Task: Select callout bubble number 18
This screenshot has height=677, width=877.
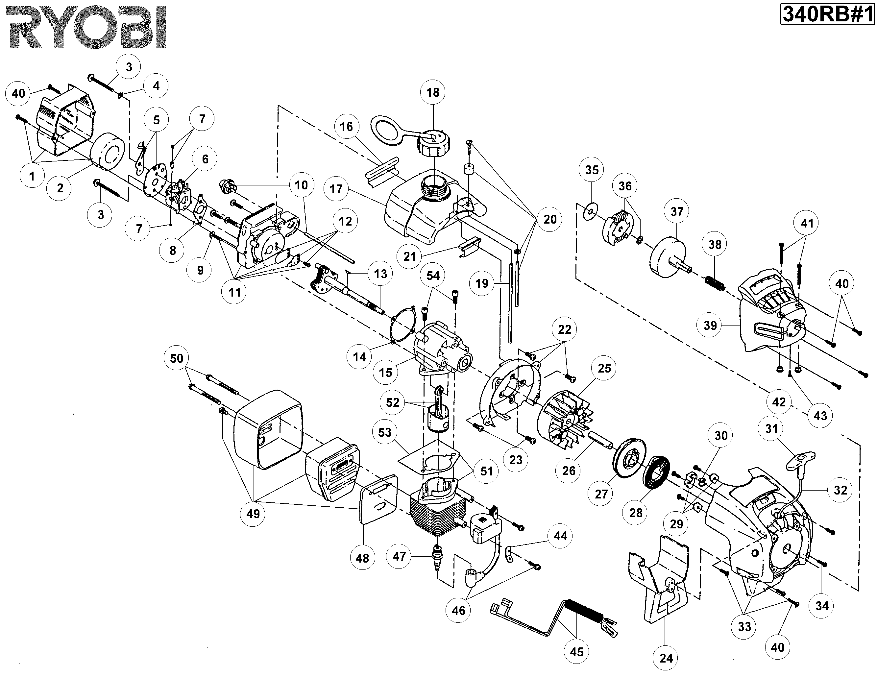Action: tap(432, 93)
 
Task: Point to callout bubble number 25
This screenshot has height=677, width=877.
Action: tap(604, 368)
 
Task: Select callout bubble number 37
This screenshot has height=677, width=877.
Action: tap(677, 212)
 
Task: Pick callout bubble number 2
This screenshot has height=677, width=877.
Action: tap(60, 188)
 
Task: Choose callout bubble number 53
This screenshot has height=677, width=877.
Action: tap(384, 432)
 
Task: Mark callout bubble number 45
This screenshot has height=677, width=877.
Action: tap(577, 652)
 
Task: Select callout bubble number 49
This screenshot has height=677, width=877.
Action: tap(253, 514)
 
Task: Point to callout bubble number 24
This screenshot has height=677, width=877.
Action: tap(666, 658)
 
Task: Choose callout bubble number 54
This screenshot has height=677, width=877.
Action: tap(433, 276)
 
